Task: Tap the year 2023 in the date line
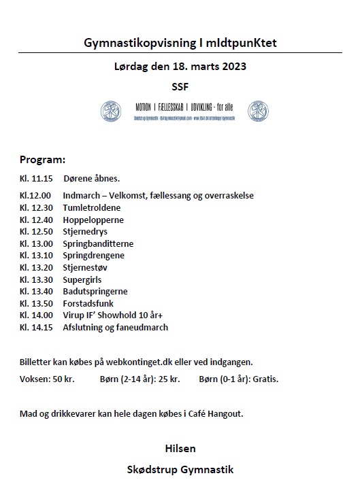click(231, 67)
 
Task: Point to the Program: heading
click(42, 160)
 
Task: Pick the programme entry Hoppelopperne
click(93, 220)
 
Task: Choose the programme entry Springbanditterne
click(98, 243)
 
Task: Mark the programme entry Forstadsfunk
click(88, 303)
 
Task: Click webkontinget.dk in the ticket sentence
click(147, 362)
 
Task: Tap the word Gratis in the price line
click(265, 379)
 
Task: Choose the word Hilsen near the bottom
click(180, 449)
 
